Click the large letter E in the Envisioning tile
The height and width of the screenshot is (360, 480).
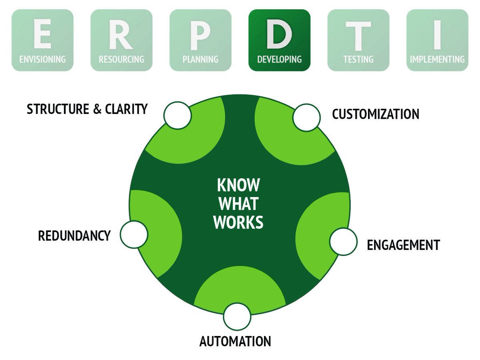click(42, 34)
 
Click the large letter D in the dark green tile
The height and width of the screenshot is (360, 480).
click(279, 34)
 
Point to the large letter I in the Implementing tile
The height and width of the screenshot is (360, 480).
click(437, 35)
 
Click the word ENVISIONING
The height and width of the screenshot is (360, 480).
click(42, 59)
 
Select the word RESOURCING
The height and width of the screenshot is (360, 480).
click(121, 59)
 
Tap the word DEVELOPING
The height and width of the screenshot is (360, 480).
click(279, 59)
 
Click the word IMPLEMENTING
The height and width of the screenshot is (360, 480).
click(437, 59)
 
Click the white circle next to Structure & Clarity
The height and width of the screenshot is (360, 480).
click(177, 116)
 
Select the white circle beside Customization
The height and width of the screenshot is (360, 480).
click(306, 118)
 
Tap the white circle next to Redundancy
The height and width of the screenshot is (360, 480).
click(134, 234)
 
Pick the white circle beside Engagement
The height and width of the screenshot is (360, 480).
click(343, 242)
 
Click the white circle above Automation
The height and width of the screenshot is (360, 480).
click(237, 316)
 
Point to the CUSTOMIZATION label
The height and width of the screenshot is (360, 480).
click(376, 114)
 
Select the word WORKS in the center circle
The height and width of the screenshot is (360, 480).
click(238, 222)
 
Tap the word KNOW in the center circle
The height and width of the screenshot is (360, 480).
click(238, 185)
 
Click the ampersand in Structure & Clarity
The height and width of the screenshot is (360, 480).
click(97, 109)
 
